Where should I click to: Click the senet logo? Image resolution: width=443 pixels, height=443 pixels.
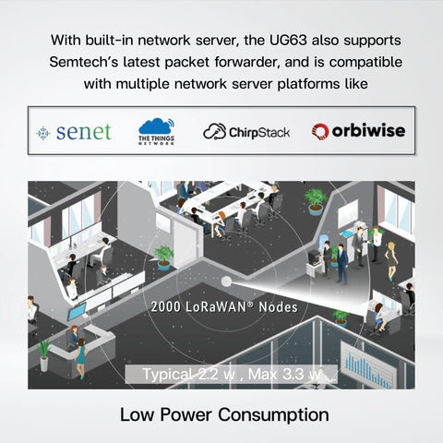74,132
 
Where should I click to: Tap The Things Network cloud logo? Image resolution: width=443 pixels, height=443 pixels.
157,132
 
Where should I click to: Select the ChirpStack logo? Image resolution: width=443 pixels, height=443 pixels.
246,132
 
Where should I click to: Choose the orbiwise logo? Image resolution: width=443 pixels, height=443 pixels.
358,132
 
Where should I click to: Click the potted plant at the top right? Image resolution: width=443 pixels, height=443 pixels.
316,198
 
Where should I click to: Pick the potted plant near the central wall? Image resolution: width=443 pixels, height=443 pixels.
164,256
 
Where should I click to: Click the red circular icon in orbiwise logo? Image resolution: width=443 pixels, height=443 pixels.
320,132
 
